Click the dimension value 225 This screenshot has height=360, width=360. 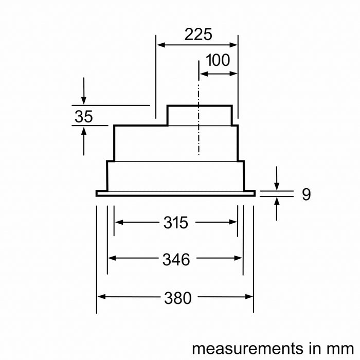pyautogui.click(x=198, y=34)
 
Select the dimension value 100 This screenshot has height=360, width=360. pyautogui.click(x=218, y=60)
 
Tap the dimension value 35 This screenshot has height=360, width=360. pyautogui.click(x=84, y=116)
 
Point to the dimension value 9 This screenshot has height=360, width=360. pyautogui.click(x=307, y=194)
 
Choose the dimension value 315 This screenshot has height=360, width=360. pyautogui.click(x=176, y=223)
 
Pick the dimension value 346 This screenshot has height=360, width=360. pyautogui.click(x=176, y=259)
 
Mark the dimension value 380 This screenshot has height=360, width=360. pyautogui.click(x=178, y=298)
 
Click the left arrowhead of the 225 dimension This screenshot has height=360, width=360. pyautogui.click(x=160, y=45)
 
